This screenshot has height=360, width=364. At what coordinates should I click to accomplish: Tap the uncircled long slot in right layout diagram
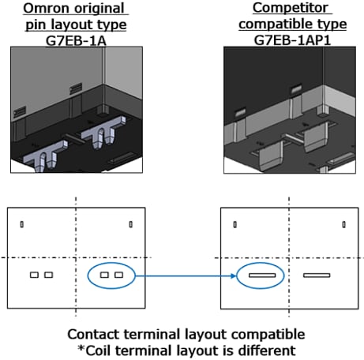(317, 276)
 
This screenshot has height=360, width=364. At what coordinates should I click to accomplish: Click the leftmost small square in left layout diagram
(34, 275)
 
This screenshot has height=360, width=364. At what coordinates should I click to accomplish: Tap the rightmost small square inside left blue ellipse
(118, 275)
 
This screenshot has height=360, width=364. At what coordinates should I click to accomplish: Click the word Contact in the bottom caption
(93, 335)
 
